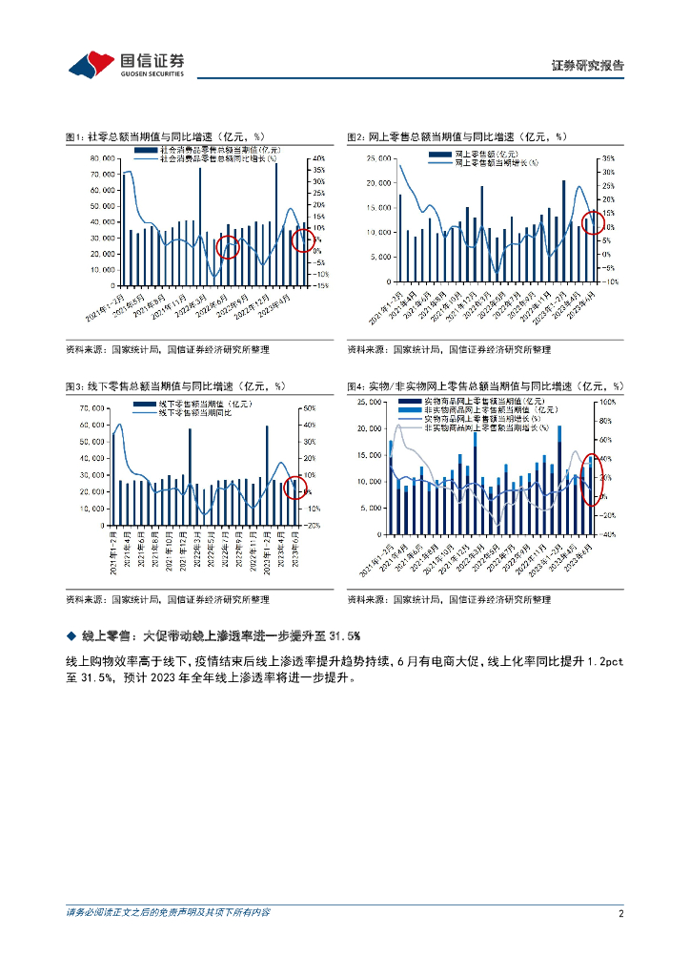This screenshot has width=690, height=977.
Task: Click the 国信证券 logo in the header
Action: [126, 64]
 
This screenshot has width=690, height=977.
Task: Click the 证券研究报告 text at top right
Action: [588, 66]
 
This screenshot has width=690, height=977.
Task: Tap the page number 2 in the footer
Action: [620, 913]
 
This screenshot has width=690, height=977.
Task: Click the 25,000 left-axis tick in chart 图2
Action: [380, 158]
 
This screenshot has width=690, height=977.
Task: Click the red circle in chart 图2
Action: [592, 223]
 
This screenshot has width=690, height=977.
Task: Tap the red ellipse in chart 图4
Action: [592, 475]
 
